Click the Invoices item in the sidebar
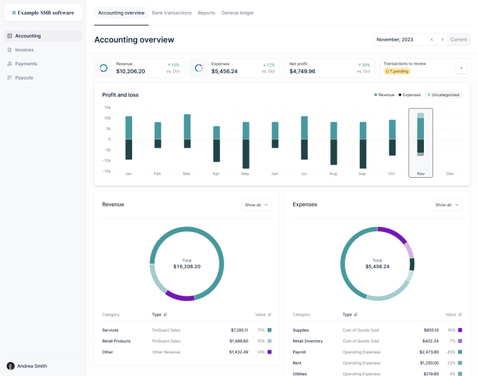tap(24, 50)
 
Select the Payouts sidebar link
tap(24, 78)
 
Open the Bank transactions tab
tap(172, 13)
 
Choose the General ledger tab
tap(238, 13)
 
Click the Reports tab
tap(206, 13)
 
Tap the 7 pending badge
tap(397, 71)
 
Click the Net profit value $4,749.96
tap(302, 71)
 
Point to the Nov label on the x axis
tap(420, 173)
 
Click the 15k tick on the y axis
tap(108, 108)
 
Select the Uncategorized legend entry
tap(444, 94)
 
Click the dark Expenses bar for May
tap(245, 153)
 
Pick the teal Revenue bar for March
tap(187, 127)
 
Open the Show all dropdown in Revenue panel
tap(255, 205)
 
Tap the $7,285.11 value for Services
tap(239, 330)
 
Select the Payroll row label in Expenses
tap(299, 351)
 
